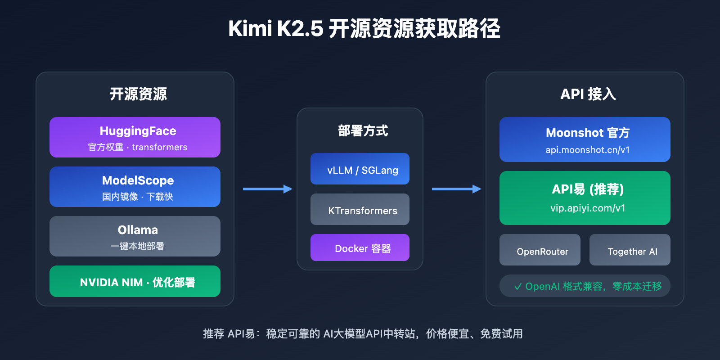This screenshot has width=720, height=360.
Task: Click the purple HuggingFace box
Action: coord(135,137)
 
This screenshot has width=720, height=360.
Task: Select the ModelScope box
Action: coord(135,187)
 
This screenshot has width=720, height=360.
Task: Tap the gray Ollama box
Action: coord(135,236)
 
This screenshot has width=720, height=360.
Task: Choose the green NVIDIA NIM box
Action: coord(135,281)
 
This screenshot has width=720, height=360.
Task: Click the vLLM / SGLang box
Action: coord(360,169)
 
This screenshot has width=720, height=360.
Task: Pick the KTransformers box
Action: coord(360,209)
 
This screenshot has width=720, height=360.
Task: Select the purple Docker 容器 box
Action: coord(360,247)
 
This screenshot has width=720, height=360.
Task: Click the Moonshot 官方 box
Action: coord(585,139)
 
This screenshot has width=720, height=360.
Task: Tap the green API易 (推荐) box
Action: coord(585,198)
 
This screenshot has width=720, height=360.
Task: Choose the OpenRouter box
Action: coord(540,250)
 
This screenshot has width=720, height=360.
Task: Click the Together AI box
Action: coord(630,250)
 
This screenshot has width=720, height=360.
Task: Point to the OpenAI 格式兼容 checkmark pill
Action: coord(585,286)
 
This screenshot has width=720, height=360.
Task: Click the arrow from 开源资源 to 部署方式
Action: coord(267,189)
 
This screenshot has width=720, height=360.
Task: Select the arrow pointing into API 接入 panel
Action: coord(456,189)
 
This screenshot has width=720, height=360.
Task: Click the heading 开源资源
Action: coord(138,94)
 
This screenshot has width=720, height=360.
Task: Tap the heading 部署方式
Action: coord(363,131)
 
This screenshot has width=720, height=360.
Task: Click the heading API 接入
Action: coord(588,94)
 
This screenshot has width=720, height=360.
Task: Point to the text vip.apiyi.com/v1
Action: coord(588,208)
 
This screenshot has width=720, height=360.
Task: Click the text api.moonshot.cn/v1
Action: coord(588,150)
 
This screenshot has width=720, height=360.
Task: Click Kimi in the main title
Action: coord(250,29)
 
